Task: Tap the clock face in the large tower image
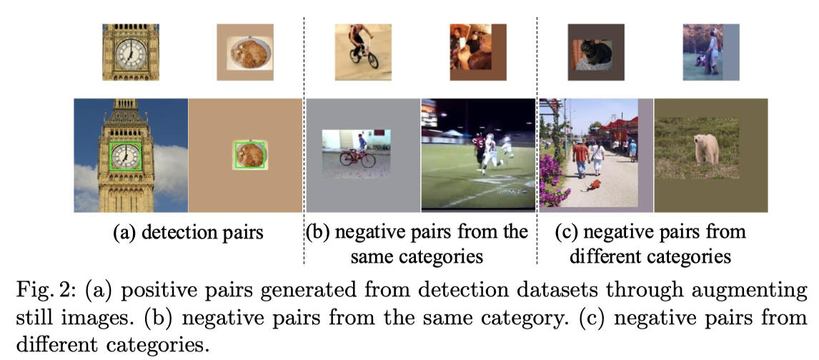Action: click(x=126, y=155)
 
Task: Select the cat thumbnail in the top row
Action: click(x=595, y=54)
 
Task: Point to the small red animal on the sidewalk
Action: click(x=592, y=187)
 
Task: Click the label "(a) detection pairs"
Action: click(x=188, y=233)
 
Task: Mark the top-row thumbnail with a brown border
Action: click(x=478, y=52)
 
